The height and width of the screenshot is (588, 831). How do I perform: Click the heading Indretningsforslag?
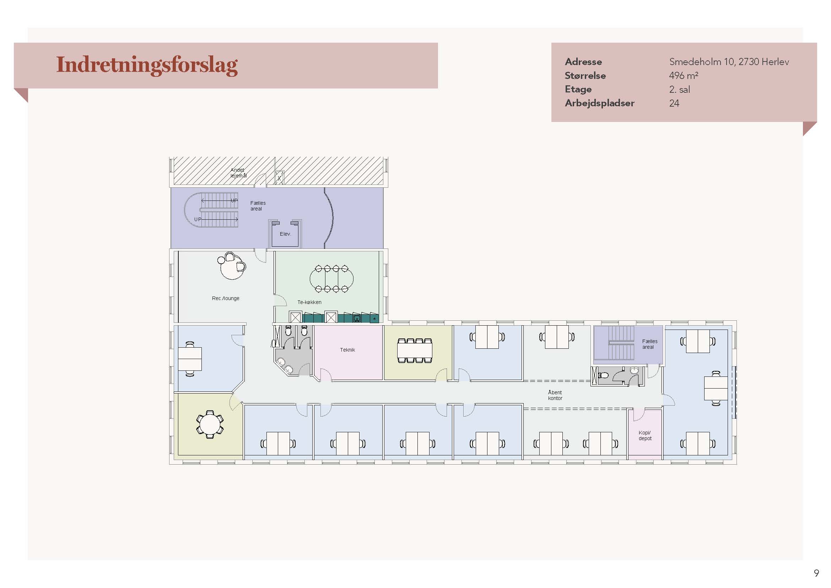pos(147,65)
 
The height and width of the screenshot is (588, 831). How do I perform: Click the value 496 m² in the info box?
pos(683,76)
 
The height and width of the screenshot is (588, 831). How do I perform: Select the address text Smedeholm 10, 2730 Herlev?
pos(729,62)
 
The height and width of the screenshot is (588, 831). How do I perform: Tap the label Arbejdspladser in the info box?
pos(599,103)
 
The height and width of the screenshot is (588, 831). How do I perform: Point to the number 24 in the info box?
pos(674,103)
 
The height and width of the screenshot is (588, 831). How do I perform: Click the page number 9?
pos(816,573)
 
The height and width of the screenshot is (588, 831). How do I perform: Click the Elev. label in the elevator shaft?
pos(285,234)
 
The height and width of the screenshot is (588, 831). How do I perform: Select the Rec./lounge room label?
pos(226,298)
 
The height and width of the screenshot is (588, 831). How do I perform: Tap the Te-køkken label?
pos(309,302)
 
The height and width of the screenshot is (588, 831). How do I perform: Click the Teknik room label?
pos(347,350)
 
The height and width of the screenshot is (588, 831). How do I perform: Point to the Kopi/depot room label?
pos(644,435)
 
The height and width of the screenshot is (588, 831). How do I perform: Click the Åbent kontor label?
pos(555,395)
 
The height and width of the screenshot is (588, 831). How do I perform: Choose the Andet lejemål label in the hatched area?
pos(238,173)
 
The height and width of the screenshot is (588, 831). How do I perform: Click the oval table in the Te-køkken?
pos(331,278)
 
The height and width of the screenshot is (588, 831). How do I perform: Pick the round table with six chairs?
pos(210,424)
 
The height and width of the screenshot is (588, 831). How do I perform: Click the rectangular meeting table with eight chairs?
pos(415,350)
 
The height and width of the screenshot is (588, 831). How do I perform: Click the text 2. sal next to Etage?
pos(679,90)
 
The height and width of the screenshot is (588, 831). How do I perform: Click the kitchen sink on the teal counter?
pos(357,319)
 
